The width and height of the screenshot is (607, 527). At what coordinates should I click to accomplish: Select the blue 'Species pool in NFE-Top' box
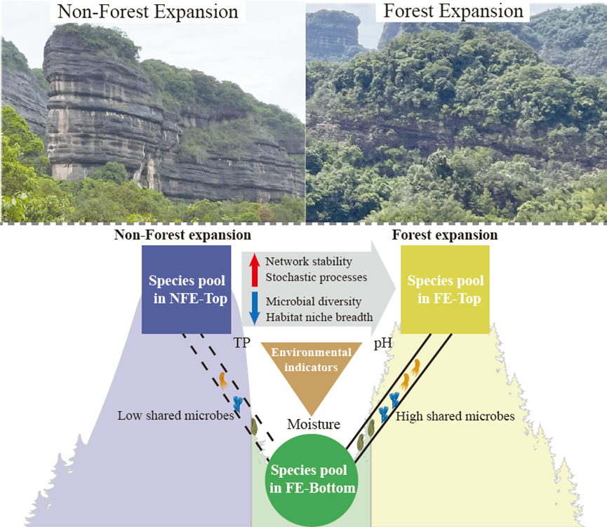click(x=187, y=289)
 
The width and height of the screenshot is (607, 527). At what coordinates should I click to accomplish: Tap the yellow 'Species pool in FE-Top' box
click(x=445, y=289)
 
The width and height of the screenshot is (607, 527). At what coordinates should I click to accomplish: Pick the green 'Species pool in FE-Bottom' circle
click(x=312, y=479)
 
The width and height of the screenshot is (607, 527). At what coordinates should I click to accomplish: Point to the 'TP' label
click(x=241, y=345)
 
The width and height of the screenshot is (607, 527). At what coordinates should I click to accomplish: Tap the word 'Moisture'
click(x=313, y=424)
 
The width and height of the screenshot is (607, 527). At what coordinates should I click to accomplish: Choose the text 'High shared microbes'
click(x=455, y=416)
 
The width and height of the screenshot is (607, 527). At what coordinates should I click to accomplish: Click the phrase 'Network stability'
click(x=308, y=261)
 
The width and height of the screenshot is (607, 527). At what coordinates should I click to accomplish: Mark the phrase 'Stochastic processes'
click(x=316, y=277)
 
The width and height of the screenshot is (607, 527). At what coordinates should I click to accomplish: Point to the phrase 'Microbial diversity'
click(x=313, y=301)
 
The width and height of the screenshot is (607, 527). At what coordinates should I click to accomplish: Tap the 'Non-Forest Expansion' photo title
click(x=147, y=12)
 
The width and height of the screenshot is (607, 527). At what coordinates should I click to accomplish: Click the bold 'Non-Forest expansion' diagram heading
click(x=182, y=235)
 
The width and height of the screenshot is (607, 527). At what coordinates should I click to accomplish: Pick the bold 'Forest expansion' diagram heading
click(x=445, y=235)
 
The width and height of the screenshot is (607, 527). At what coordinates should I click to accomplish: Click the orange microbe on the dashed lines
click(x=223, y=381)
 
